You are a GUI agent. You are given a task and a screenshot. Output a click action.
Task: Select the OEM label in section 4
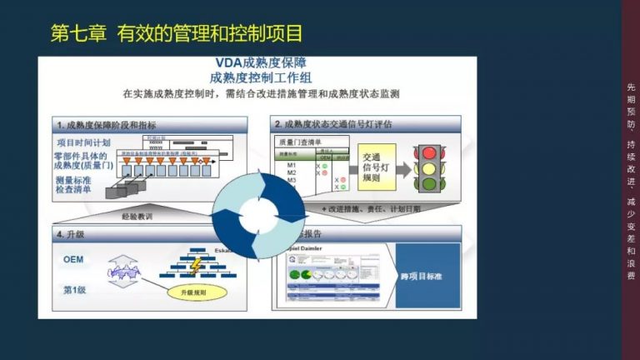[73, 259]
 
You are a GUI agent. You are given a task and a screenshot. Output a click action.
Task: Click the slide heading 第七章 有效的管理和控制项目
[176, 34]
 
